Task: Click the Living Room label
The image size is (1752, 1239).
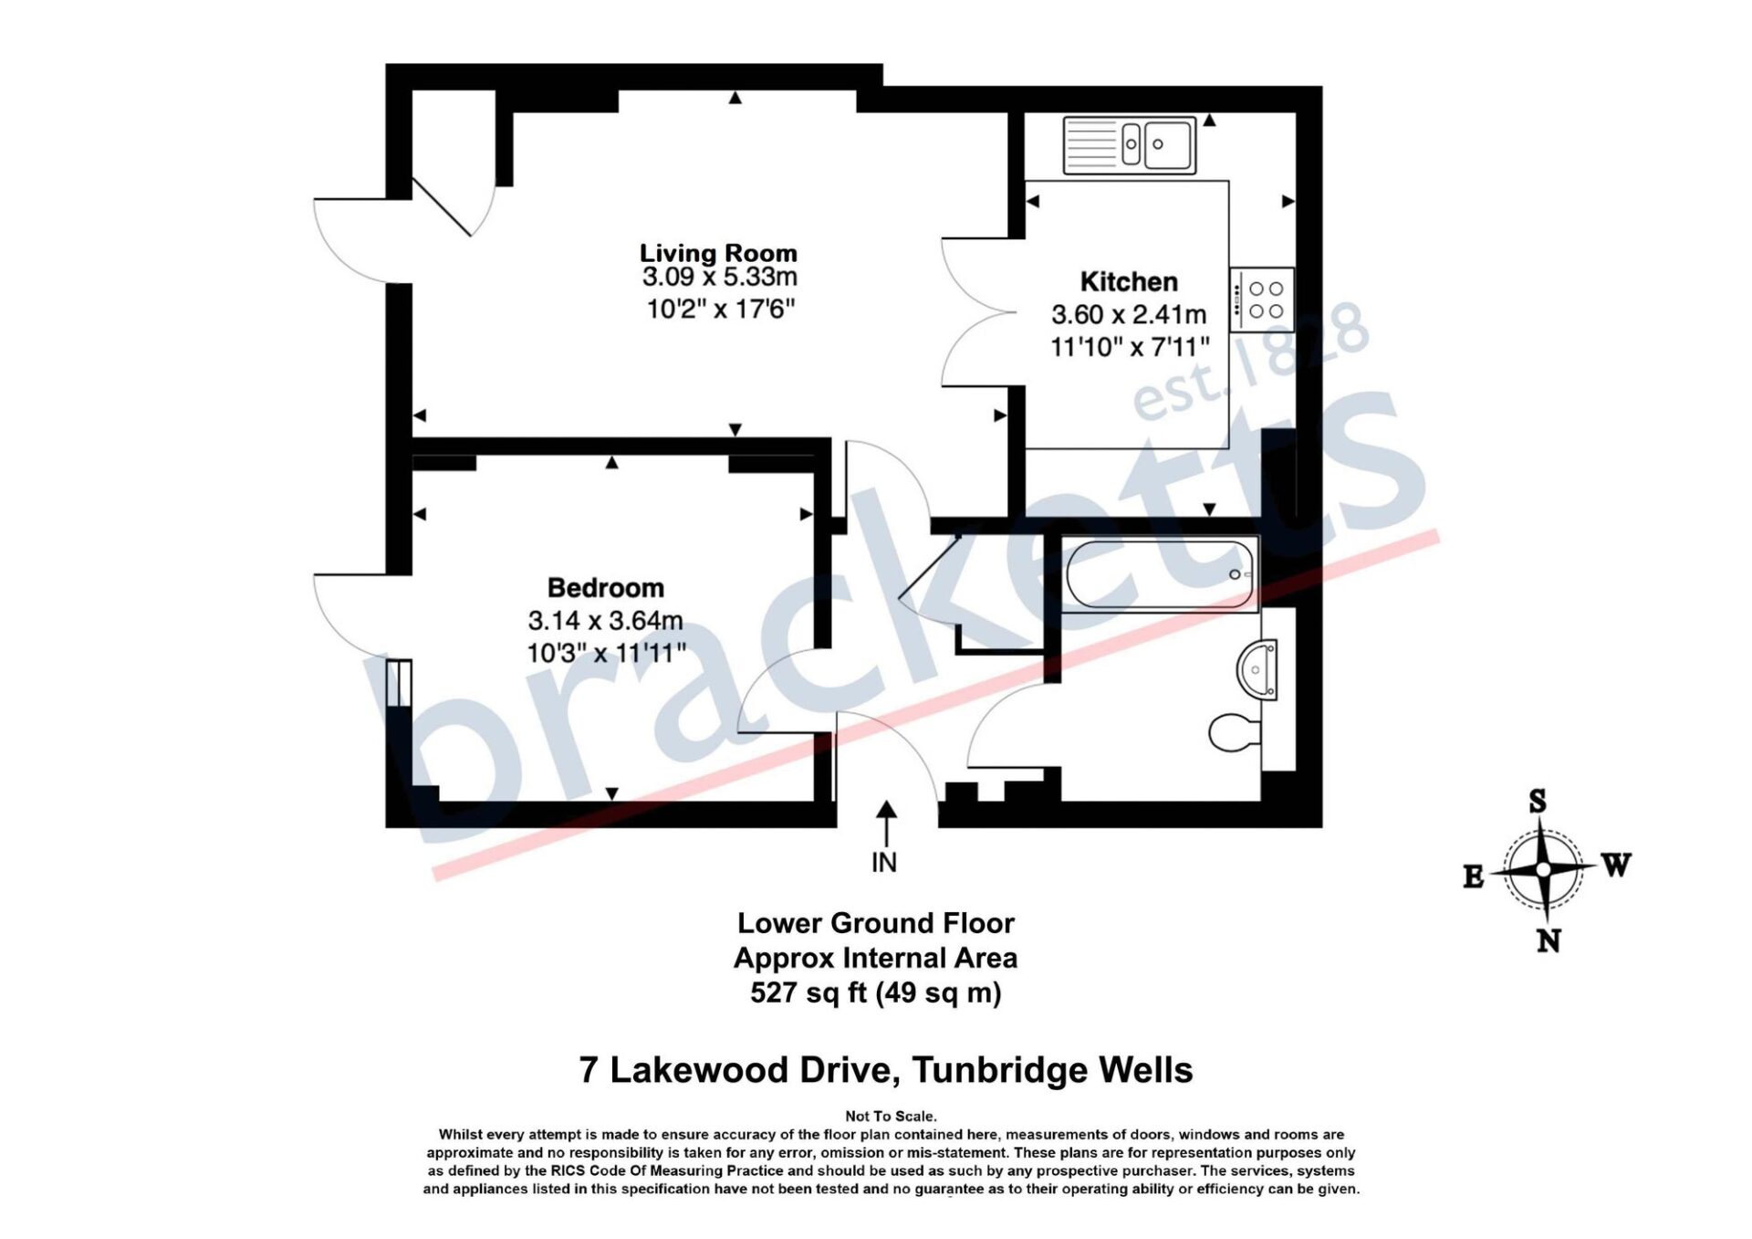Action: tap(718, 252)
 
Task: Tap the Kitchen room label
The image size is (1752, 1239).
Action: tap(1129, 281)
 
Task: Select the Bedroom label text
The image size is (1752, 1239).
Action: tap(605, 587)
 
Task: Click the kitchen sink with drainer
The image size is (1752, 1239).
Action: tap(1130, 144)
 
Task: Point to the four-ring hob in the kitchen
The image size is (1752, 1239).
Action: tap(1262, 299)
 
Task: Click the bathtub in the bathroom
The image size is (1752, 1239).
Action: tap(1161, 574)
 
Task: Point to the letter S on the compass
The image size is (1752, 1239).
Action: tap(1538, 801)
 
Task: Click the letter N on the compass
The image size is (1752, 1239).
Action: tap(1549, 941)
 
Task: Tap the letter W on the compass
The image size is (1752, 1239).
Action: tap(1616, 865)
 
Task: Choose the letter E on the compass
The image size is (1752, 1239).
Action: tap(1473, 877)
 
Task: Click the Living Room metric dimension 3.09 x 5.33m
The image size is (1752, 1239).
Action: tap(719, 277)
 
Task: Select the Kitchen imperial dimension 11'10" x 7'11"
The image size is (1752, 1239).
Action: tap(1130, 347)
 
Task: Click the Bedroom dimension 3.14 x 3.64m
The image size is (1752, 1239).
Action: tap(605, 621)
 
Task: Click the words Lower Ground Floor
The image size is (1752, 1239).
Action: tap(876, 923)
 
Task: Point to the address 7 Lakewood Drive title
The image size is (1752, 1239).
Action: tap(886, 1070)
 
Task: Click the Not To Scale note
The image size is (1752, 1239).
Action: tap(891, 1116)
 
